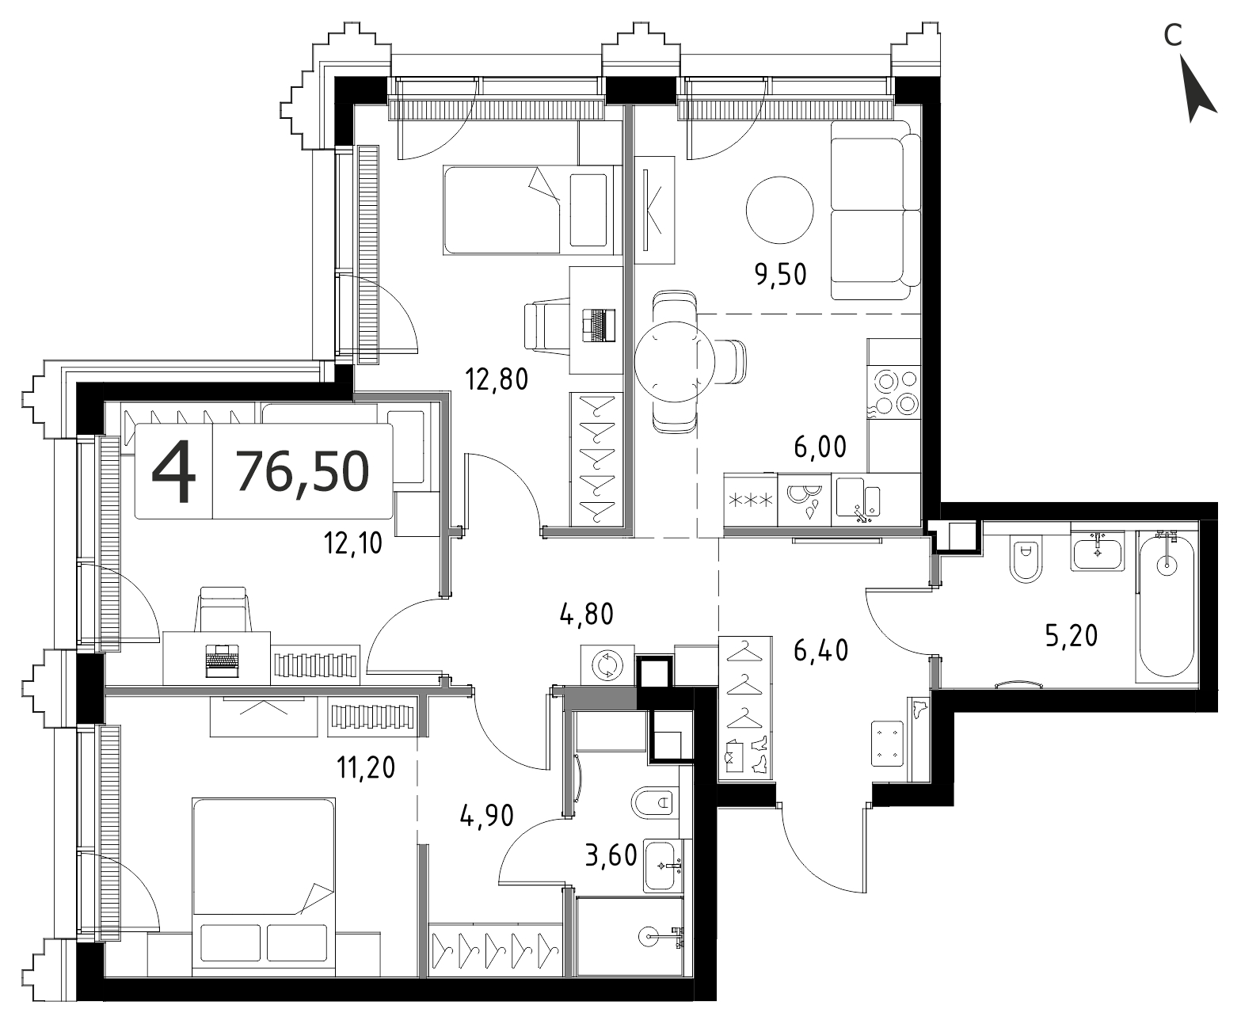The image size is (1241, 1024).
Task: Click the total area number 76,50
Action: tap(303, 471)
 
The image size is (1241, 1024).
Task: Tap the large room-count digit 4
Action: tap(173, 471)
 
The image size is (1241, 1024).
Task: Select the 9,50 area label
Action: tap(780, 275)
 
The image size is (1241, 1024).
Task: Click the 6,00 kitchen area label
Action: tap(820, 447)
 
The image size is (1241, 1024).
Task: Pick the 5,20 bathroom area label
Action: tap(1071, 635)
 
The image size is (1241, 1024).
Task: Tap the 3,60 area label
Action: tap(611, 856)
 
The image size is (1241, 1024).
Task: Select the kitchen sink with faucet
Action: tap(858, 498)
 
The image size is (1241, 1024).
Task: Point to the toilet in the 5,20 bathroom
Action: tap(1026, 560)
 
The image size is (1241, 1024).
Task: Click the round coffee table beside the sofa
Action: tap(779, 210)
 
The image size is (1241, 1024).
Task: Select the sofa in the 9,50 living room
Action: tap(875, 211)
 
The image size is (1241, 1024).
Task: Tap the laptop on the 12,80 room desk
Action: tap(599, 325)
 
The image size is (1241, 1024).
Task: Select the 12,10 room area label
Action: tap(353, 542)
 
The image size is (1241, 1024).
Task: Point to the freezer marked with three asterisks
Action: tap(751, 499)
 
